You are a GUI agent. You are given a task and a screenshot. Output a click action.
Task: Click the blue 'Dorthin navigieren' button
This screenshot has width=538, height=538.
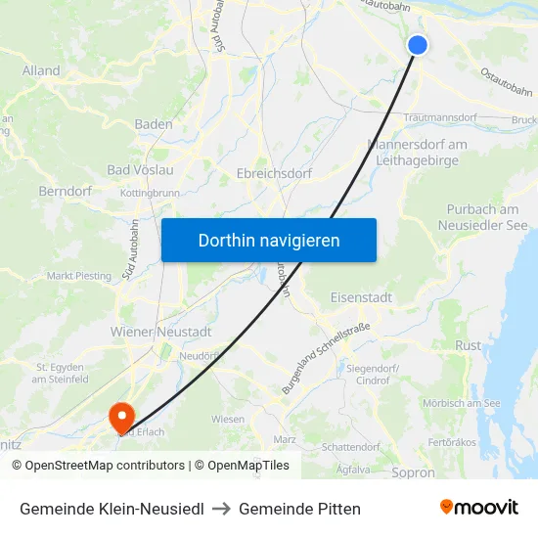click(x=269, y=240)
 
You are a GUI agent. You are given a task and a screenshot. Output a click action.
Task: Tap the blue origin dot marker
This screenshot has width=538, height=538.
click(x=418, y=45)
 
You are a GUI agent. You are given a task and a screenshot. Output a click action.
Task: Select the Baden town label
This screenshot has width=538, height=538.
click(x=154, y=124)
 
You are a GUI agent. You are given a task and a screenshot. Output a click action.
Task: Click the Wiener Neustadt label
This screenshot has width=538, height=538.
click(x=161, y=332)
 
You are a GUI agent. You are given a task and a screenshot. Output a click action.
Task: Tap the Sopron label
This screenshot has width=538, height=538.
click(x=412, y=472)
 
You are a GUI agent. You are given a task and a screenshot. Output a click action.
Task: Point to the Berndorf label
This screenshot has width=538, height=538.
click(x=65, y=191)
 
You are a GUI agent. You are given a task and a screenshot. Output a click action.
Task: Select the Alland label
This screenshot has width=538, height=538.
click(x=41, y=70)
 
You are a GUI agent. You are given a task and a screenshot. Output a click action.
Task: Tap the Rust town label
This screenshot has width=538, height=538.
click(x=469, y=345)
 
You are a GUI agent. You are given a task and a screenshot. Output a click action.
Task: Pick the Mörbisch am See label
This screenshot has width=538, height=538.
click(x=461, y=403)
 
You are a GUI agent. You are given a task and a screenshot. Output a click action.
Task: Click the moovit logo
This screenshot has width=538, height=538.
click(x=479, y=507)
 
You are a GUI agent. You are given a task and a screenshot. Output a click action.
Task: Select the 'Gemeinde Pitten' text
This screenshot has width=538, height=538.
click(x=299, y=509)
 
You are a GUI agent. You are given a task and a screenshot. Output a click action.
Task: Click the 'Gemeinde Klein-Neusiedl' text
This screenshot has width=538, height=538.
click(x=112, y=509)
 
